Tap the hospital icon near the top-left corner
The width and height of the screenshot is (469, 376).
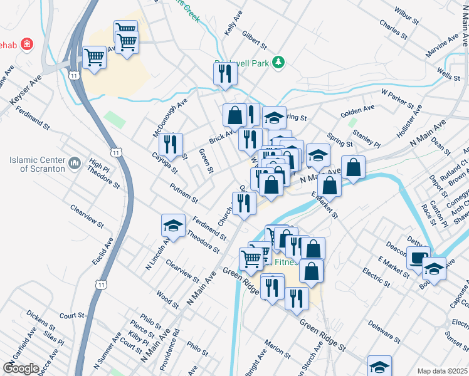[x=26, y=44]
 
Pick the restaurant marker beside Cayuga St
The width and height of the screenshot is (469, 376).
[x=171, y=144]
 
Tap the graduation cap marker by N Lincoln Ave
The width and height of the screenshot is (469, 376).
[x=174, y=225]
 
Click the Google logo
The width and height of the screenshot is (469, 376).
[x=21, y=368]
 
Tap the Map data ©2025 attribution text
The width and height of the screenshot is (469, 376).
[x=442, y=371]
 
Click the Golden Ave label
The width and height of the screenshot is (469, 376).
[x=357, y=111]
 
